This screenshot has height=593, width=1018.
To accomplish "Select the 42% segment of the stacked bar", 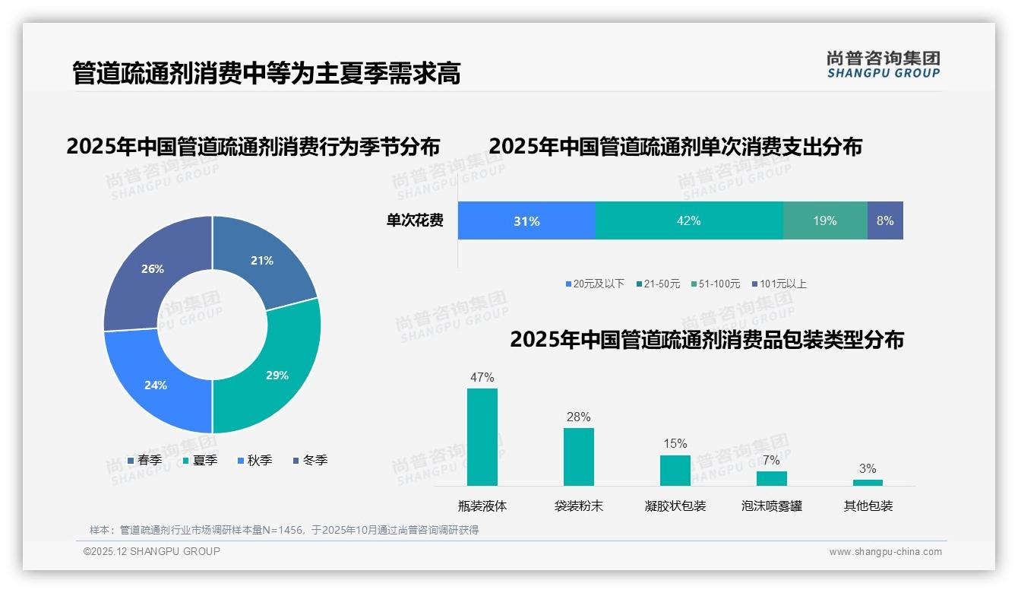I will [x=688, y=220].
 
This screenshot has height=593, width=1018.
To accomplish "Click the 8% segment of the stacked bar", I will [x=885, y=220].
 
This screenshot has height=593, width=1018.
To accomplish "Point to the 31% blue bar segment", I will [x=526, y=220].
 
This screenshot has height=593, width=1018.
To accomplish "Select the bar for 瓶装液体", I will [x=482, y=437].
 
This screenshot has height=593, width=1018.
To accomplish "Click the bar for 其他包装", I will [x=868, y=482].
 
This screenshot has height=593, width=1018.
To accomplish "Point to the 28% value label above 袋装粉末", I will [x=578, y=417].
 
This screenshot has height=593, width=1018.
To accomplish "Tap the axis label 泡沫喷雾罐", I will [x=771, y=506].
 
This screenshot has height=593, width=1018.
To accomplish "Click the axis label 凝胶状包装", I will [x=675, y=506].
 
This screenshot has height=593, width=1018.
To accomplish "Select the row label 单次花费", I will [x=415, y=220].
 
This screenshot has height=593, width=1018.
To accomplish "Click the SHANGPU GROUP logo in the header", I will [x=883, y=65].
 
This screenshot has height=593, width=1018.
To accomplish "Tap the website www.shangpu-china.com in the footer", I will [x=885, y=551].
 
